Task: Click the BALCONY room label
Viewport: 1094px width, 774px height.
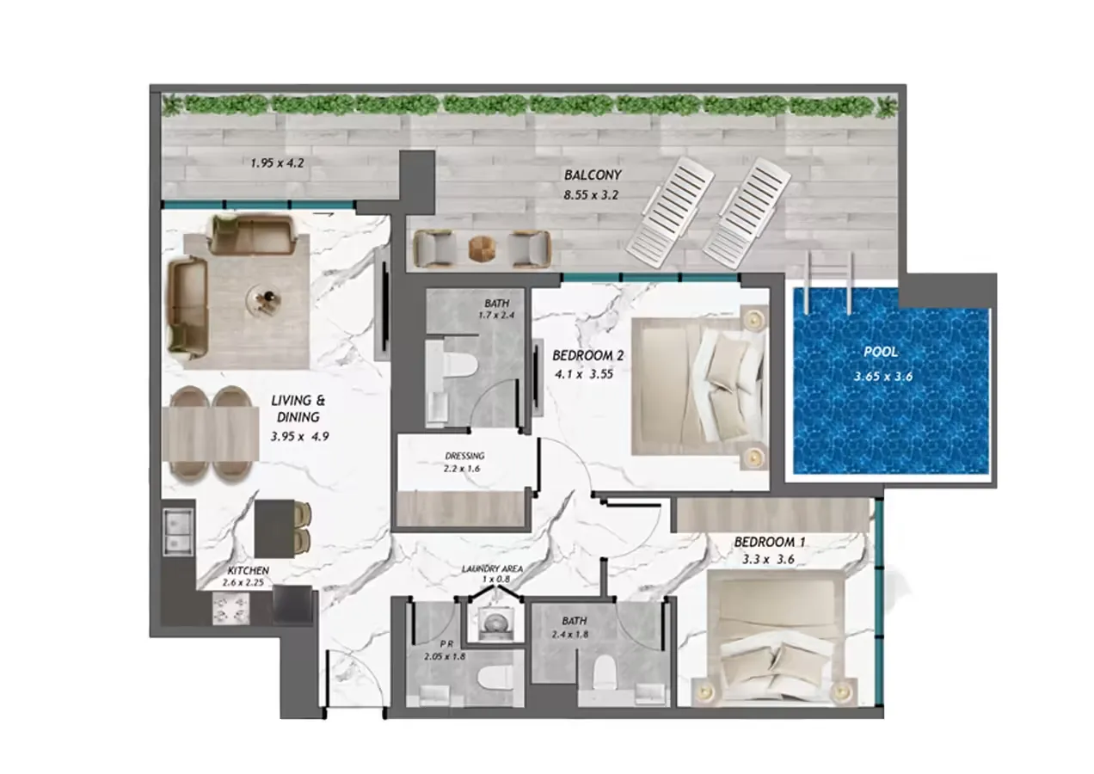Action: click(x=593, y=175)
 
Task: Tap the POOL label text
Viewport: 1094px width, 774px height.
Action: click(x=882, y=353)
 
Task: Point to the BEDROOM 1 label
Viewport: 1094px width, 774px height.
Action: click(x=770, y=543)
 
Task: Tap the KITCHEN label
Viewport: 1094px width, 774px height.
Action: click(x=249, y=571)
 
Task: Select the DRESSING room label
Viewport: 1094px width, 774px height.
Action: click(x=465, y=456)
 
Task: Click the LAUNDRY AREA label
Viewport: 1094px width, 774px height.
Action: click(x=492, y=569)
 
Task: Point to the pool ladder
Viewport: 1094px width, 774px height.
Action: click(x=828, y=283)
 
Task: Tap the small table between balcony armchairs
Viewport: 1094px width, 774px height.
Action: click(x=482, y=249)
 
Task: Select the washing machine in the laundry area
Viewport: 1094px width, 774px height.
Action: click(x=494, y=621)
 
